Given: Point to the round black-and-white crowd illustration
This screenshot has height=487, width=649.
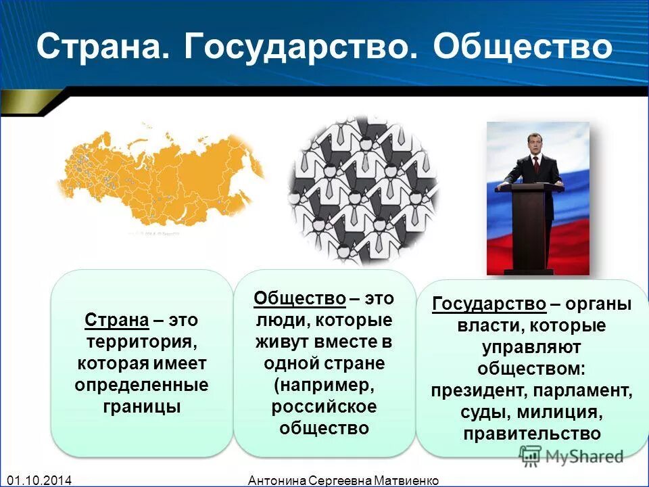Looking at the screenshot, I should [x=363, y=191].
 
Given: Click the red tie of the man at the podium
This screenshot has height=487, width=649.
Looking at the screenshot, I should [x=536, y=164].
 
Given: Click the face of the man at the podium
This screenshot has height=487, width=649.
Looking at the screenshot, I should [x=535, y=145].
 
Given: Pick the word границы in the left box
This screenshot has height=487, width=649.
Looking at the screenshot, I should [x=141, y=407].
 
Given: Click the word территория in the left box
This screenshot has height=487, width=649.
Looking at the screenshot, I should [x=141, y=342].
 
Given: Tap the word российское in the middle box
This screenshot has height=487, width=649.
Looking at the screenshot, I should [x=324, y=407].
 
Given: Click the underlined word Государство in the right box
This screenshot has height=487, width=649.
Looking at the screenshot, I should [x=489, y=304].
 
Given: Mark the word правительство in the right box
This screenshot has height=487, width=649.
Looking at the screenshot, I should [x=532, y=433].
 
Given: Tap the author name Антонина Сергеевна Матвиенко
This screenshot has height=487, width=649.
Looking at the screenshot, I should [x=343, y=480].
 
